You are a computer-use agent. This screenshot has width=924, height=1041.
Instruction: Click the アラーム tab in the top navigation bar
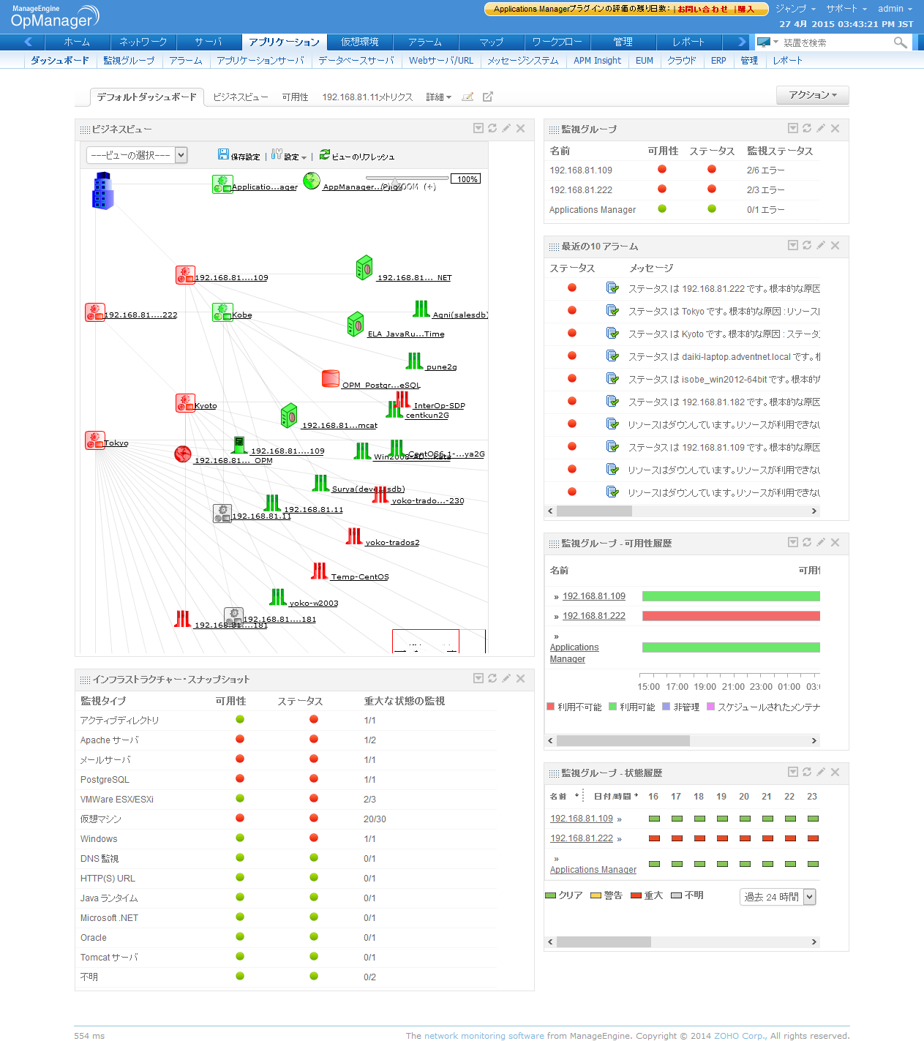425,42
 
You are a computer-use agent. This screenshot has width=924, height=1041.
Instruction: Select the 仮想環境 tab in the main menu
360,42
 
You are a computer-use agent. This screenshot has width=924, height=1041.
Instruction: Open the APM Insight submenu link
597,61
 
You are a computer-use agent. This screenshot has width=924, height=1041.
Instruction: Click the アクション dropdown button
812,95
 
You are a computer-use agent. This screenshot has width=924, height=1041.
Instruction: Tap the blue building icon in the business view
102,191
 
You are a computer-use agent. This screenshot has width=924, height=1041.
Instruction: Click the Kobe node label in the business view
242,315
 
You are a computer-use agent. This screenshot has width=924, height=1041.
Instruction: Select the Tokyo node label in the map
116,443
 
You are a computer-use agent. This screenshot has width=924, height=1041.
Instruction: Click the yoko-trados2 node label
392,543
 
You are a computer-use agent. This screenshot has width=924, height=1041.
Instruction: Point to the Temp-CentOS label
360,577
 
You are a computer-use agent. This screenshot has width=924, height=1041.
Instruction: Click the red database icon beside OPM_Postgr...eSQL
331,379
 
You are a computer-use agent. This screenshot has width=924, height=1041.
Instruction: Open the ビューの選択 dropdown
137,155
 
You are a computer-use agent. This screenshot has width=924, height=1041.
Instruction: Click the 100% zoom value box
467,179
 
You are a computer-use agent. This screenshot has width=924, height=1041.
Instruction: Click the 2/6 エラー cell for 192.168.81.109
765,170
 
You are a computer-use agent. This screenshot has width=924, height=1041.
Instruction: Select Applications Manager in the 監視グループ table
593,210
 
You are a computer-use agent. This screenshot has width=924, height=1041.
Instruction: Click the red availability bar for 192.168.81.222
730,616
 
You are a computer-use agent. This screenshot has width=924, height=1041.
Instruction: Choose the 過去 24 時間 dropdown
778,897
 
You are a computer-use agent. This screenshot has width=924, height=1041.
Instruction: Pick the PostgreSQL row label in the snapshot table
105,780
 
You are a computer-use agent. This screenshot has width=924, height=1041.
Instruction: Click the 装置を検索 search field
834,43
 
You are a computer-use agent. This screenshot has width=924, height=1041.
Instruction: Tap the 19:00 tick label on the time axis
705,687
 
